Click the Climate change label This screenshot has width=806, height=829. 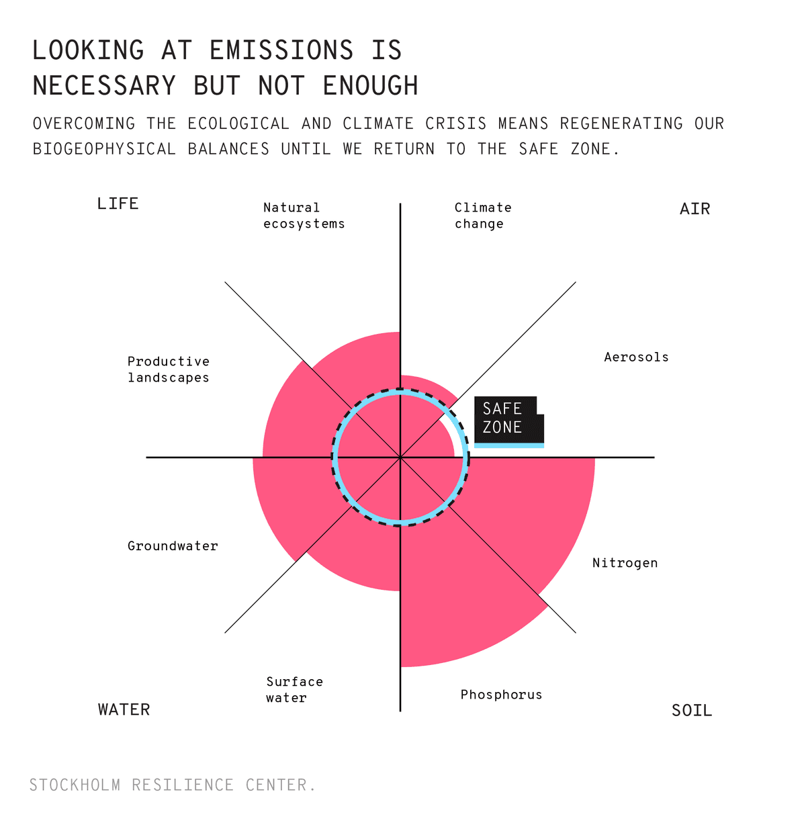[483, 216]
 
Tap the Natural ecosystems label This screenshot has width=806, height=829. [304, 216]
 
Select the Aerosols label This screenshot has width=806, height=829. [636, 357]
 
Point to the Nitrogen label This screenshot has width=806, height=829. [625, 563]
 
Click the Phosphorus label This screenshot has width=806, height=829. [501, 695]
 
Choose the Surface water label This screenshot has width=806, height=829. [294, 690]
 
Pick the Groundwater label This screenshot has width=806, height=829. [173, 546]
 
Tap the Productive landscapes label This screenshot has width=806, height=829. [169, 369]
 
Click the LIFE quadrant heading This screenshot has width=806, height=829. [118, 204]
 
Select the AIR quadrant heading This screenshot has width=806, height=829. [695, 209]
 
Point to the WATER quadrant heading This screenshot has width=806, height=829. [124, 709]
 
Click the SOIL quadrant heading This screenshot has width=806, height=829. [691, 710]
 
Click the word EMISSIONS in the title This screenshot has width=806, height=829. [281, 51]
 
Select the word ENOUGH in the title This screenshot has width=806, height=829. [370, 86]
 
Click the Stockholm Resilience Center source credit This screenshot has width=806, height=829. [173, 785]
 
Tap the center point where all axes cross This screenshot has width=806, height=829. [400, 457]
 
